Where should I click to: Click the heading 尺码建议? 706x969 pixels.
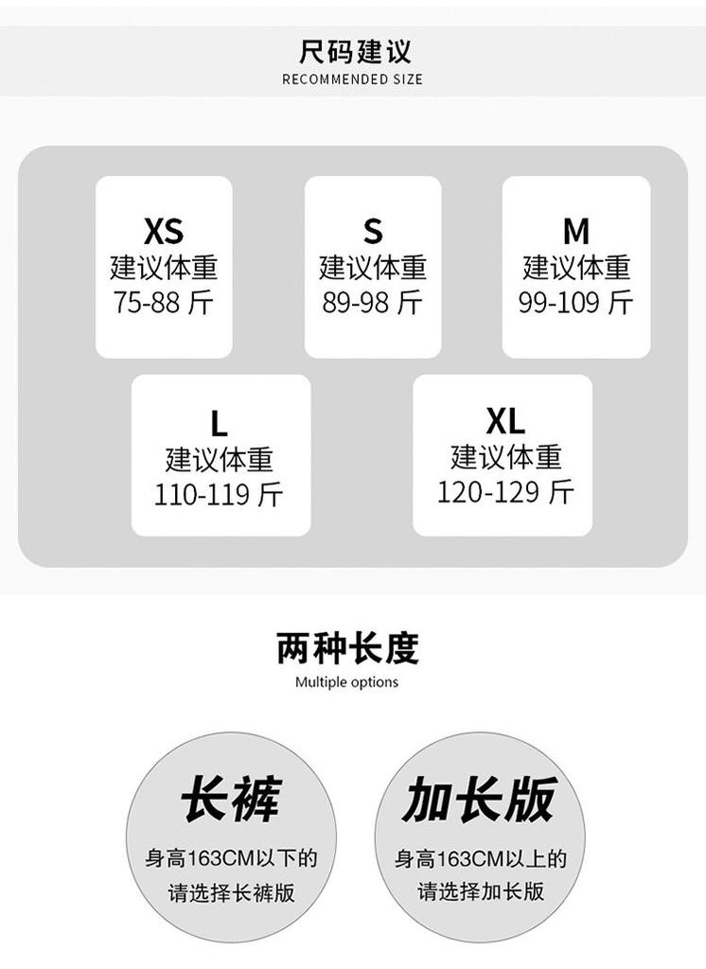tap(354, 51)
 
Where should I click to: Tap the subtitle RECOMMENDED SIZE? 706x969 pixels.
tap(352, 79)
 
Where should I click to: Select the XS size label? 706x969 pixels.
tap(164, 231)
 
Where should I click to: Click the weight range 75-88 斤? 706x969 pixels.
tap(163, 302)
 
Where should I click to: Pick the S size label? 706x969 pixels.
tap(373, 232)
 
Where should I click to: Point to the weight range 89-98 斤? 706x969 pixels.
tap(372, 302)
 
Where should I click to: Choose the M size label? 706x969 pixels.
tap(576, 232)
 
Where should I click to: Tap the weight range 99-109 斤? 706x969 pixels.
tap(575, 302)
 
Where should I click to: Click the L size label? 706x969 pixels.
tap(219, 423)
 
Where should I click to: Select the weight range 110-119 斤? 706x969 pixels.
tap(219, 494)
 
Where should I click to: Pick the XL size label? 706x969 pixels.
tap(505, 421)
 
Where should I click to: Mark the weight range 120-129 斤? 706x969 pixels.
tap(505, 492)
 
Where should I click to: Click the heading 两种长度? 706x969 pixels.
tap(347, 648)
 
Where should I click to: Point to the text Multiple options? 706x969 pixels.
tap(346, 682)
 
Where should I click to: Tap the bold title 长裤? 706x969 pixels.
tap(231, 799)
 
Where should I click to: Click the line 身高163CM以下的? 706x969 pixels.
tap(231, 858)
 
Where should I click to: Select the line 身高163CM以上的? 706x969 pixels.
tap(481, 858)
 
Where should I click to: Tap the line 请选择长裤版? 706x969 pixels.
tap(231, 892)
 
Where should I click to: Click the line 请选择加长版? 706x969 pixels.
tap(481, 891)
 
